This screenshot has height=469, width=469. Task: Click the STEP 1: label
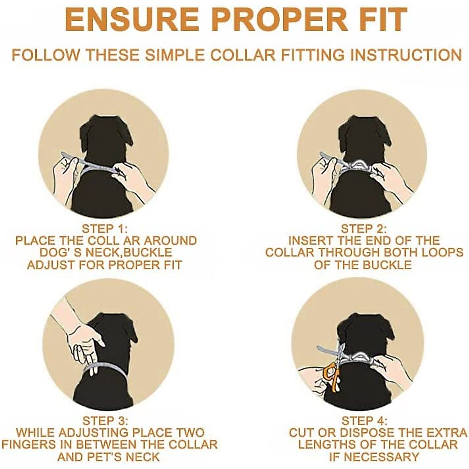(105, 229)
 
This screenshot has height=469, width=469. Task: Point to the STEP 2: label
(364, 229)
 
